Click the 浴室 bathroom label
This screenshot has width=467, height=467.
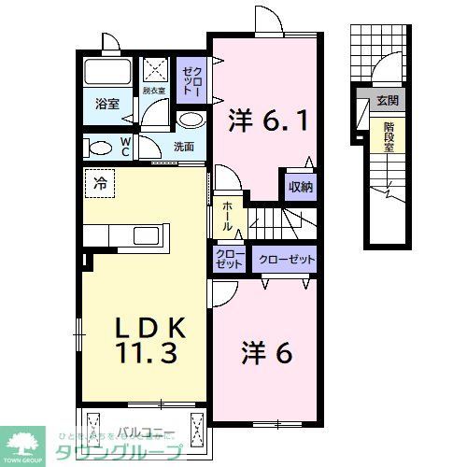point(106,106)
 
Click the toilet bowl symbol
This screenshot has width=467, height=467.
point(96,147)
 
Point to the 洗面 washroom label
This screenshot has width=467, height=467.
point(183,147)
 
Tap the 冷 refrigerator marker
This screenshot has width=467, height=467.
point(97,183)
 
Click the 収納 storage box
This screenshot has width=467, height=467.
point(300,186)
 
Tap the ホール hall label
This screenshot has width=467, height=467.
point(226,216)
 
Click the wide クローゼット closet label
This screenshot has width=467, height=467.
point(286,259)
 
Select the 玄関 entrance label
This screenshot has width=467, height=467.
point(386,100)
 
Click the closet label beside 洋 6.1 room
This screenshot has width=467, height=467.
point(190,77)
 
